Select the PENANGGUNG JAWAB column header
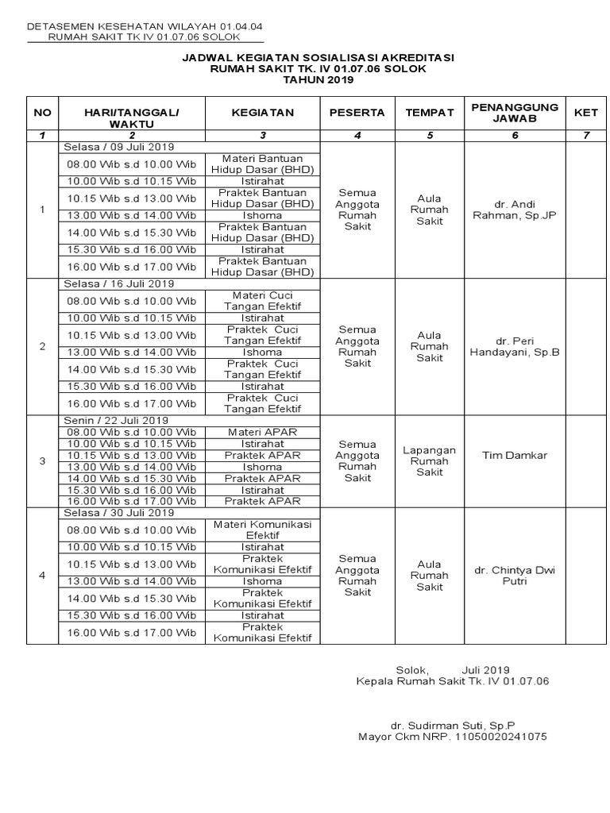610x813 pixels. tap(515, 113)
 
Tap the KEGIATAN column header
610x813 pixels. tap(263, 113)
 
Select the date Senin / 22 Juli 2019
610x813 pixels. tap(116, 420)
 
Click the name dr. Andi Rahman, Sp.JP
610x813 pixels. tap(515, 210)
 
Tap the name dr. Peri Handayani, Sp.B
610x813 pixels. tap(515, 346)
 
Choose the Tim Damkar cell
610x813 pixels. tap(515, 455)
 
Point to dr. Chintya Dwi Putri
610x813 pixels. tap(515, 575)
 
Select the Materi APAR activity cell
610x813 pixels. tap(263, 432)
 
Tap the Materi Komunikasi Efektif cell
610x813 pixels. tap(263, 530)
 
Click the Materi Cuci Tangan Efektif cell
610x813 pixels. tap(263, 301)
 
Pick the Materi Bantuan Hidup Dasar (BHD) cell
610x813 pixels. tap(263, 164)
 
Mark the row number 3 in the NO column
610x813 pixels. tap(42, 461)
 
